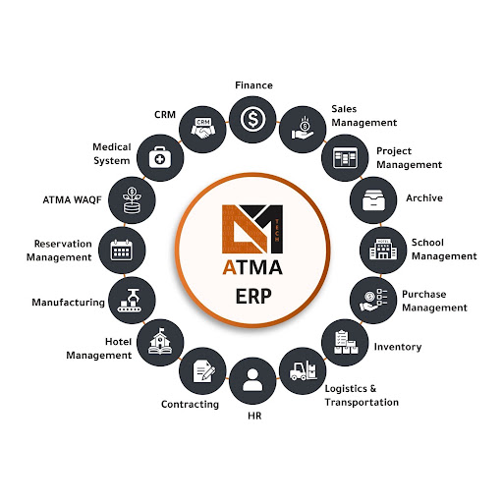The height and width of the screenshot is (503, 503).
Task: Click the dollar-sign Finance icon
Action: tap(252, 119)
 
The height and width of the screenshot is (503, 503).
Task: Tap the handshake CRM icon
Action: tap(203, 129)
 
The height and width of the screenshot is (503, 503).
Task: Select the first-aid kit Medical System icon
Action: tap(160, 157)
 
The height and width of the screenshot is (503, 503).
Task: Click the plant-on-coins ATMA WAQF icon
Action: tap(132, 200)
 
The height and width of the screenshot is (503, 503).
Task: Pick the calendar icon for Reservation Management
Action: tap(122, 251)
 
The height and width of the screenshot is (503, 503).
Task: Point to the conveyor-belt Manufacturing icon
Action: tap(130, 301)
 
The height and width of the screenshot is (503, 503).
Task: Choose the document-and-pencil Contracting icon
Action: tap(203, 370)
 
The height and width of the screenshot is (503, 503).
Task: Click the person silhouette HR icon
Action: tap(252, 380)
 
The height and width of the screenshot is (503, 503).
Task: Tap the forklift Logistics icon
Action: tap(304, 370)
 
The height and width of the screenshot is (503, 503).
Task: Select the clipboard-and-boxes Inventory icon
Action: tap(346, 342)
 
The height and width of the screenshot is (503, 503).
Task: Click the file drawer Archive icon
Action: tap(373, 200)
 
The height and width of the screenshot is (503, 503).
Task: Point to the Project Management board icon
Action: tap(345, 157)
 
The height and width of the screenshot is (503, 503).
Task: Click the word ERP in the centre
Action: tap(253, 296)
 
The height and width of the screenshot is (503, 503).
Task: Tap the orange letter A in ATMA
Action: tap(229, 267)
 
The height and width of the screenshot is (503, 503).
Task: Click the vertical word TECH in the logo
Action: tap(277, 230)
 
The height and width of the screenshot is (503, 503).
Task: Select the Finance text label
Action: tap(253, 85)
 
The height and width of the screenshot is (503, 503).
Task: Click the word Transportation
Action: tap(362, 402)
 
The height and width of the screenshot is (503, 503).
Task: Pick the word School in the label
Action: tap(427, 243)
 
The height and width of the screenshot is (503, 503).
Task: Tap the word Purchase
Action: tap(423, 294)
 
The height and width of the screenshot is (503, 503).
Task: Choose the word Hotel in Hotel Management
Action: tap(118, 342)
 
